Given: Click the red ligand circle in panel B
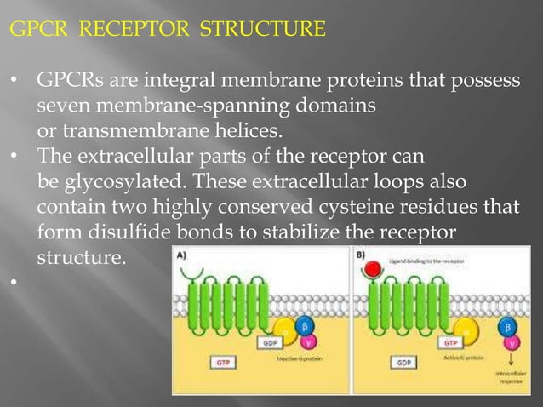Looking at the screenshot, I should (x=369, y=272).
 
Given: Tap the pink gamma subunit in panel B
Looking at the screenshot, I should (x=511, y=345).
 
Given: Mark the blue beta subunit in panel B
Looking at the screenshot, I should (x=509, y=327).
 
